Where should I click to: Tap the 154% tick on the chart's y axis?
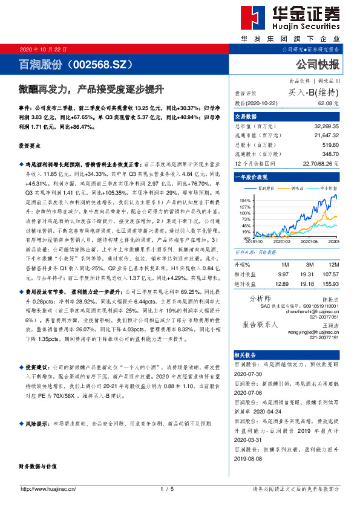click(246, 199)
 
